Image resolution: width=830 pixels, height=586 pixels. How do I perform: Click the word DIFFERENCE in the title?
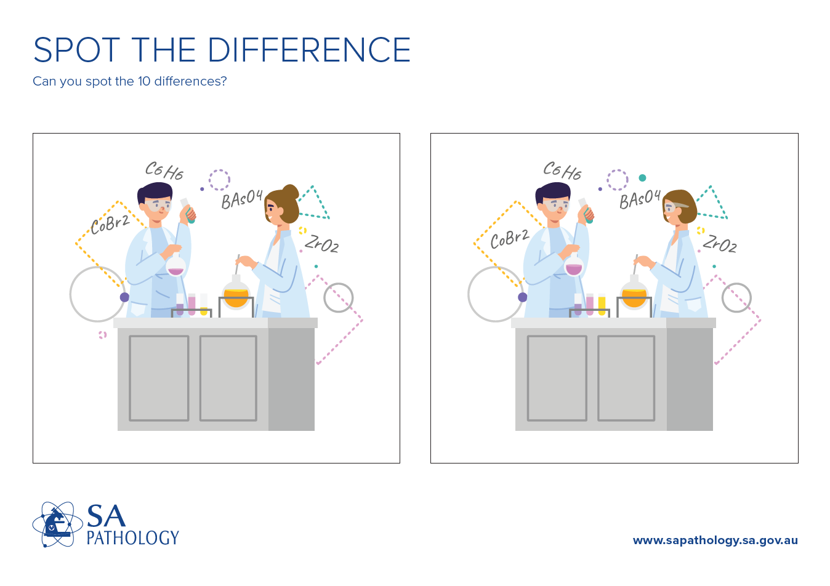[309, 50]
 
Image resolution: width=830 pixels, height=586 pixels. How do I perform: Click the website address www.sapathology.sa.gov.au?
[715, 540]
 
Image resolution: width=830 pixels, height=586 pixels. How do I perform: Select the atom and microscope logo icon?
[57, 524]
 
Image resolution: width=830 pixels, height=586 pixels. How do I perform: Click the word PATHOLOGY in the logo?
[132, 538]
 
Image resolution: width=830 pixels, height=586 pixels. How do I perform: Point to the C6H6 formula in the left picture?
[164, 170]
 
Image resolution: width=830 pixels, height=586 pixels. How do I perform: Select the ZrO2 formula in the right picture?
[720, 244]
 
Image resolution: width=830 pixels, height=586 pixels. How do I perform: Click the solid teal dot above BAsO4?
[642, 178]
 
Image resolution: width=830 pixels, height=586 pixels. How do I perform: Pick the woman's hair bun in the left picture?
[289, 193]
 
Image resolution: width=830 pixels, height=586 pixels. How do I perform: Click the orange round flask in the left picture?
[236, 295]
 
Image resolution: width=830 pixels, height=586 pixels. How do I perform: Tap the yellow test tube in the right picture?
[602, 304]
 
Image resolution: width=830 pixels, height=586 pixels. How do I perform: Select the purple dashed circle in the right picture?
[617, 180]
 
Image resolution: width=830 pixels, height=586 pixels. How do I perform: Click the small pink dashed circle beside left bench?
[103, 335]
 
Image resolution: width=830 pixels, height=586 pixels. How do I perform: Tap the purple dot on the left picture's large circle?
[124, 297]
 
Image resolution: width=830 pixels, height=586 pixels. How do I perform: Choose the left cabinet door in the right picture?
[557, 378]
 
